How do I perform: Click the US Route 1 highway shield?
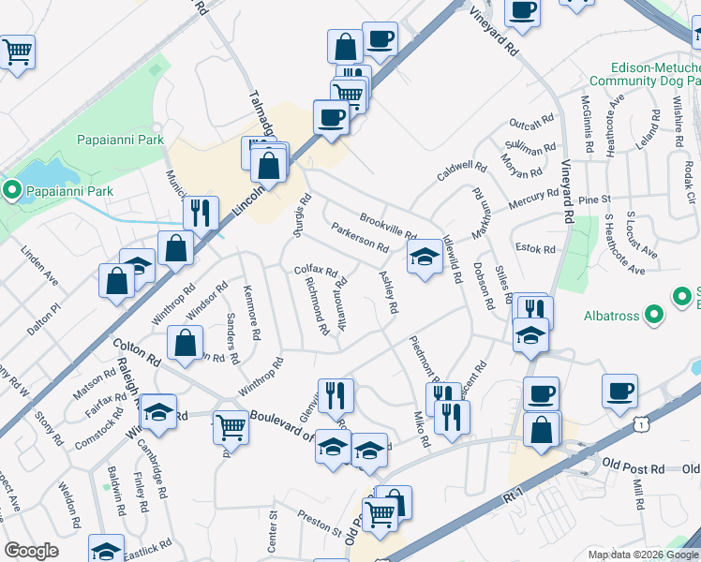(640, 425)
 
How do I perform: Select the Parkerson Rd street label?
(360, 238)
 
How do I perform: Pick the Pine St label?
(594, 200)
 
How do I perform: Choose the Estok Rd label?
(536, 249)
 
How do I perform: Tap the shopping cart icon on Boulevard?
(231, 427)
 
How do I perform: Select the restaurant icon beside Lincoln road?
(201, 213)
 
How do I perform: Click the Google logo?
(31, 551)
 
